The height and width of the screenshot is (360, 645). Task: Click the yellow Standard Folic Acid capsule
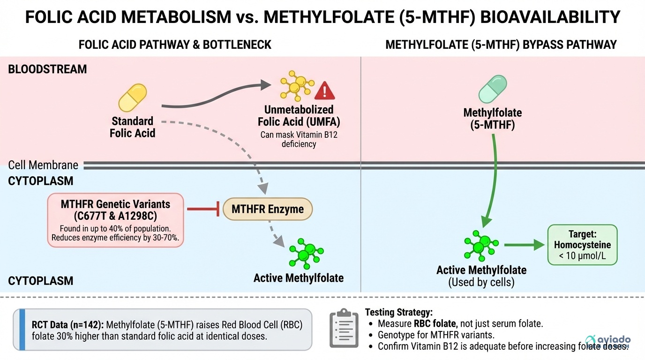pos(133,97)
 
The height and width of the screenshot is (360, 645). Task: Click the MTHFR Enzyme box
pos(267,210)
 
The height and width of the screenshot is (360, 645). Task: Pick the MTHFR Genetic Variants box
pos(115,220)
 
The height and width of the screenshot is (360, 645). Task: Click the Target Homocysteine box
pos(582,245)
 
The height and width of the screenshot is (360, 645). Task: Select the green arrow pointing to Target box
pos(525,245)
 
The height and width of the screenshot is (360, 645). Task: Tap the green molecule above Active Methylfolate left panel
pos(306,253)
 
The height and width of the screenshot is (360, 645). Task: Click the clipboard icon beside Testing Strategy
pos(344,328)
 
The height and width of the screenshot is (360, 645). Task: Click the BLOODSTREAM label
pos(47,69)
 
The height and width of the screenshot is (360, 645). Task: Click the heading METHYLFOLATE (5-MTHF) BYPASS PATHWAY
pos(501,45)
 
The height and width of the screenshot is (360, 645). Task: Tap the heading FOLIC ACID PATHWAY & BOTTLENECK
pos(175,45)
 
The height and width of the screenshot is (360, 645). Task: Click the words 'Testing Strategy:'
pos(398,311)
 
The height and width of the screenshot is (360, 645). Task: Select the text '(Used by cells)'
pos(481,282)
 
